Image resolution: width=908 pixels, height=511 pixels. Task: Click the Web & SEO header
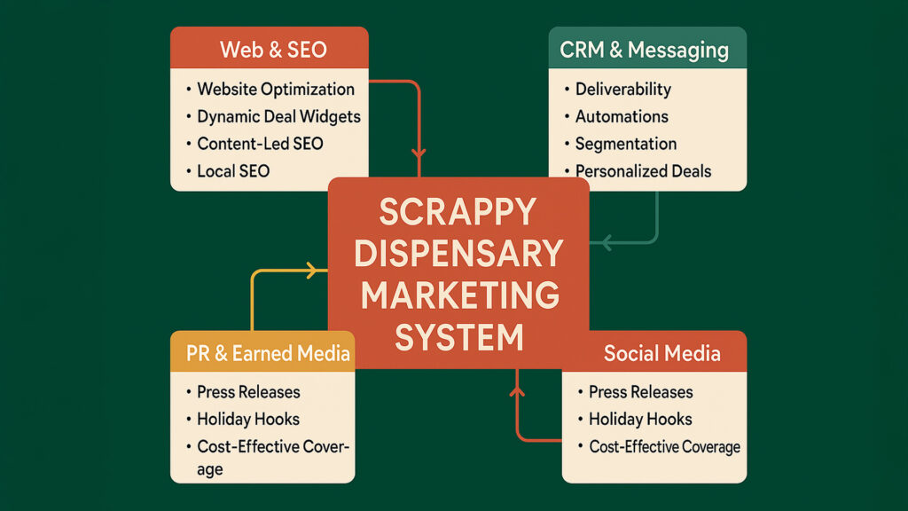tap(269, 48)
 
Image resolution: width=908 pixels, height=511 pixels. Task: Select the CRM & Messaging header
tap(645, 48)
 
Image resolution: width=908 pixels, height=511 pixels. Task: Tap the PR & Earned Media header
tap(269, 354)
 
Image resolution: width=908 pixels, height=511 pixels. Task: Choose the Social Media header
tap(661, 354)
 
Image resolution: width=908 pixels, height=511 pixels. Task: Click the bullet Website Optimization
tap(275, 89)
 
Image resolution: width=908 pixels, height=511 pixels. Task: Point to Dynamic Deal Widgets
tap(278, 116)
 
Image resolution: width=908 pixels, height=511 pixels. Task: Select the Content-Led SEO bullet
tap(260, 144)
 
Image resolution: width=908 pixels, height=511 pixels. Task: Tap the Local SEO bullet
tap(232, 171)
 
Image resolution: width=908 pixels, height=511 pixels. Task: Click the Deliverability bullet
tap(622, 89)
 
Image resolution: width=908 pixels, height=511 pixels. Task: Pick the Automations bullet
tap(622, 116)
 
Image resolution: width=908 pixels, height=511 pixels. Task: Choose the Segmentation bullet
tap(625, 144)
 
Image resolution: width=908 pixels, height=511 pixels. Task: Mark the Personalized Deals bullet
tap(643, 171)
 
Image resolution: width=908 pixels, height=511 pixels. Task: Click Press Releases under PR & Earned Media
tap(248, 392)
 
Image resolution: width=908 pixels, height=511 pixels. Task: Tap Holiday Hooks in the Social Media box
tap(640, 420)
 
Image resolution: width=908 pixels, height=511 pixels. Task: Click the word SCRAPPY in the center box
tap(458, 212)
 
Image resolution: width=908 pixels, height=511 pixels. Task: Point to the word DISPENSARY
tap(458, 254)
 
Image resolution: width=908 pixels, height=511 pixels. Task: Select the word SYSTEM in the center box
tap(458, 337)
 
